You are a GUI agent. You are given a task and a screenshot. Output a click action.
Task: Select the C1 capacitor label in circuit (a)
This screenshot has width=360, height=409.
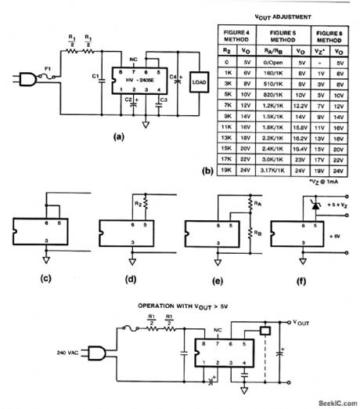pos(95,76)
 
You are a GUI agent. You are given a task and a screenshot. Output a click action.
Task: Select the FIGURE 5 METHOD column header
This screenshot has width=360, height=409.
pos(278,37)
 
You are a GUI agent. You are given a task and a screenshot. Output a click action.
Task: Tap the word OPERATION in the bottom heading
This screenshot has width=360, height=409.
pos(138,303)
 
